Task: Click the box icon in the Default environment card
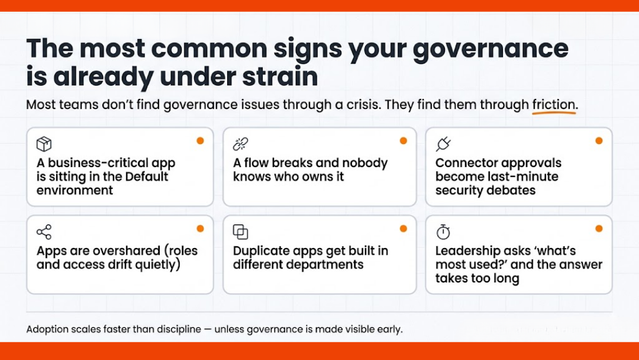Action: pos(44,144)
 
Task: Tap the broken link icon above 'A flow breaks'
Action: pos(240,144)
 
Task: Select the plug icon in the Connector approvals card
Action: pos(443,144)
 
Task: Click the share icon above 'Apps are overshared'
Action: pos(44,232)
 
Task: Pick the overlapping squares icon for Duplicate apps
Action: pos(240,232)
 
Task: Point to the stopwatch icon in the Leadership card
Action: pos(443,232)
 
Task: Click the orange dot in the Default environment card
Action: pos(200,141)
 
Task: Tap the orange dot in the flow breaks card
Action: pos(404,141)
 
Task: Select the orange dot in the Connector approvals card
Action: pos(599,141)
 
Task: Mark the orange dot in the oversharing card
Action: pos(200,229)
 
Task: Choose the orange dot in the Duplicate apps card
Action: pos(404,229)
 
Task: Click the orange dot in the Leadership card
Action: pos(599,229)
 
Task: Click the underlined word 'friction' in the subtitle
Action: pos(554,105)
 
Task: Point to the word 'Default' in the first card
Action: pos(138,176)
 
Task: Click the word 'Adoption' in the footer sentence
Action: pos(48,329)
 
